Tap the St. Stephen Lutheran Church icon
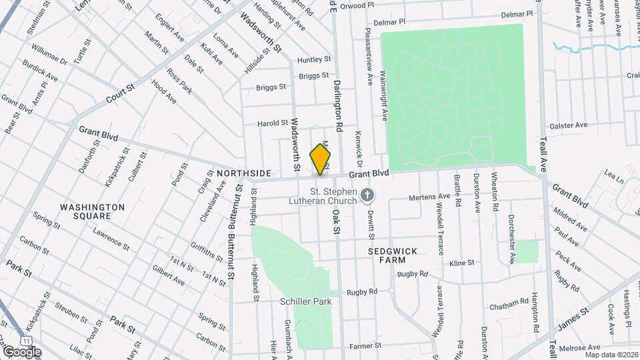click(366, 195)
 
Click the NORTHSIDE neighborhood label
click(244, 173)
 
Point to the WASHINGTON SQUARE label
click(92, 211)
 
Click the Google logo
click(22, 351)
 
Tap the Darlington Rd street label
click(338, 105)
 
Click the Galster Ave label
click(568, 125)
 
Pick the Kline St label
click(461, 263)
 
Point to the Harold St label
click(273, 123)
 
